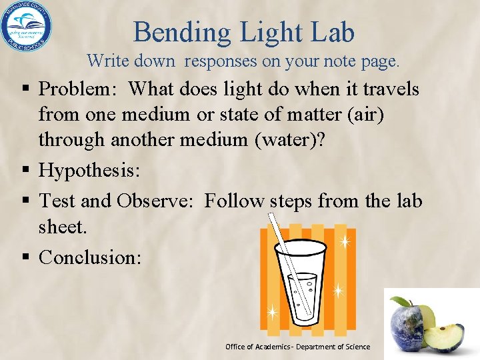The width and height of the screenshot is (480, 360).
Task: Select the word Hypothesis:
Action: click(89, 170)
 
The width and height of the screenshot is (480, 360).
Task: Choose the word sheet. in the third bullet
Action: click(63, 227)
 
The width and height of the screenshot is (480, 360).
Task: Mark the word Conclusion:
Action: click(90, 257)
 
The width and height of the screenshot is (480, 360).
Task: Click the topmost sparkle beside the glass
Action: click(345, 242)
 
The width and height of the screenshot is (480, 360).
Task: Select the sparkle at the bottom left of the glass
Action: click(272, 311)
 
